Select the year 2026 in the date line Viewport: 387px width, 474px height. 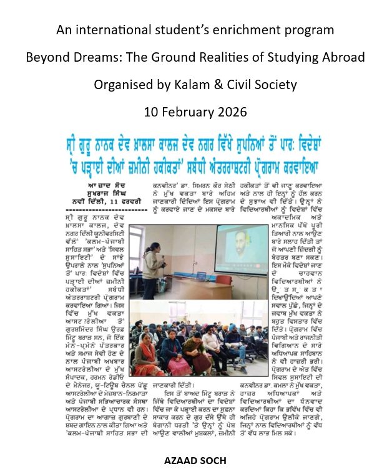229,112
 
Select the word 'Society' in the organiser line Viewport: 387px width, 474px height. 271,85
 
